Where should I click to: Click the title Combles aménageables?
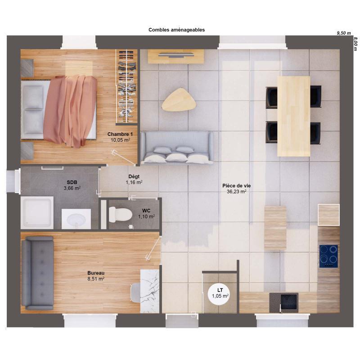177,30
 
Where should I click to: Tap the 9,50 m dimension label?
343,33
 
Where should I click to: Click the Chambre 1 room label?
120,135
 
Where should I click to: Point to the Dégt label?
134,177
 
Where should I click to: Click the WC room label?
146,210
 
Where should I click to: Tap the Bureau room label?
95,273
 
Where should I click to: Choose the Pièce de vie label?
236,185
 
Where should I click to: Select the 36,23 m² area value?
237,191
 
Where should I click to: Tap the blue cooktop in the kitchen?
328,256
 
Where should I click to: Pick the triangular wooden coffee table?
179,100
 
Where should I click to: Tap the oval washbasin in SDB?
76,219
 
